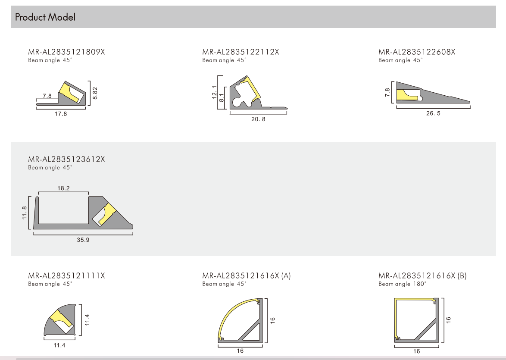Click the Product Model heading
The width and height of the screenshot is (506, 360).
45,17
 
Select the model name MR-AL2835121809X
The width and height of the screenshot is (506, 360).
66,52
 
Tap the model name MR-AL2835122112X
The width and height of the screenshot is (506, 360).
241,52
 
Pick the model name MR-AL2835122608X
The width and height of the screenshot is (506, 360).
417,52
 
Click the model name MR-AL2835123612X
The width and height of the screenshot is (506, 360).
66,159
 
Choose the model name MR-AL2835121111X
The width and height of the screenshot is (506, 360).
66,276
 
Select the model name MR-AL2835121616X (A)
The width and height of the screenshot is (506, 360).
247,276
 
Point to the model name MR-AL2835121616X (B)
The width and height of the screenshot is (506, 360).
423,276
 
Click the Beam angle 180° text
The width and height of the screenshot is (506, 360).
403,284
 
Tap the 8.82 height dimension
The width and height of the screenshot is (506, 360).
95,93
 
